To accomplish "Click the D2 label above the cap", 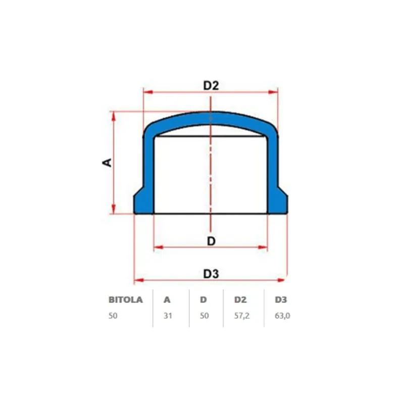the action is [x=211, y=85].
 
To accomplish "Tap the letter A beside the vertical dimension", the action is [x=107, y=162].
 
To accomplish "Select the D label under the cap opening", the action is [x=211, y=241].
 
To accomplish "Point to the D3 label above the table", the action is [x=211, y=274].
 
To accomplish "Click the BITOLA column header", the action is [x=125, y=299].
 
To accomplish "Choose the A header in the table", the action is [x=167, y=299].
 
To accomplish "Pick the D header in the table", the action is [x=204, y=299].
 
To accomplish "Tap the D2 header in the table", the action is [x=240, y=299].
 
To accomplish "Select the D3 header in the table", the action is [x=281, y=299].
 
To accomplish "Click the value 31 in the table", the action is [x=168, y=316].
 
